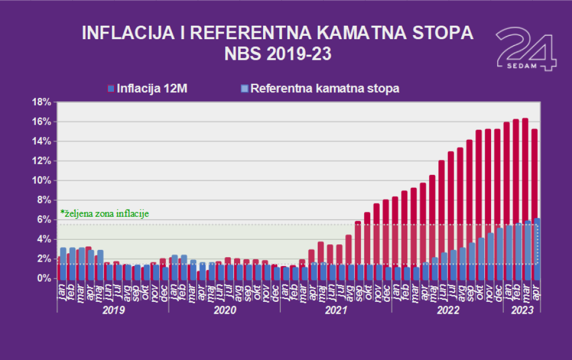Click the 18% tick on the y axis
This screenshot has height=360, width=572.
[x=42, y=102]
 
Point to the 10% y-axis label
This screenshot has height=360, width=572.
[x=42, y=181]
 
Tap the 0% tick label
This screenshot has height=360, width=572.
[x=45, y=278]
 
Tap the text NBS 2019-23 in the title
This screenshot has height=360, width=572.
[x=278, y=54]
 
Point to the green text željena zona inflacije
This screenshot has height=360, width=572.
[x=104, y=213]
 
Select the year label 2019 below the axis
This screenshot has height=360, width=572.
[x=113, y=310]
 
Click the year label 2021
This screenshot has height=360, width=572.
[x=336, y=310]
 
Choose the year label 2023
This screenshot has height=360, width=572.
[x=521, y=310]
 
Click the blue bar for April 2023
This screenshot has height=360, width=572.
[x=537, y=249]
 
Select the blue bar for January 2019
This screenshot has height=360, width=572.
[x=63, y=263]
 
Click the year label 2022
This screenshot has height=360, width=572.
[x=447, y=310]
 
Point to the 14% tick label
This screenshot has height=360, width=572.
[x=42, y=141]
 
